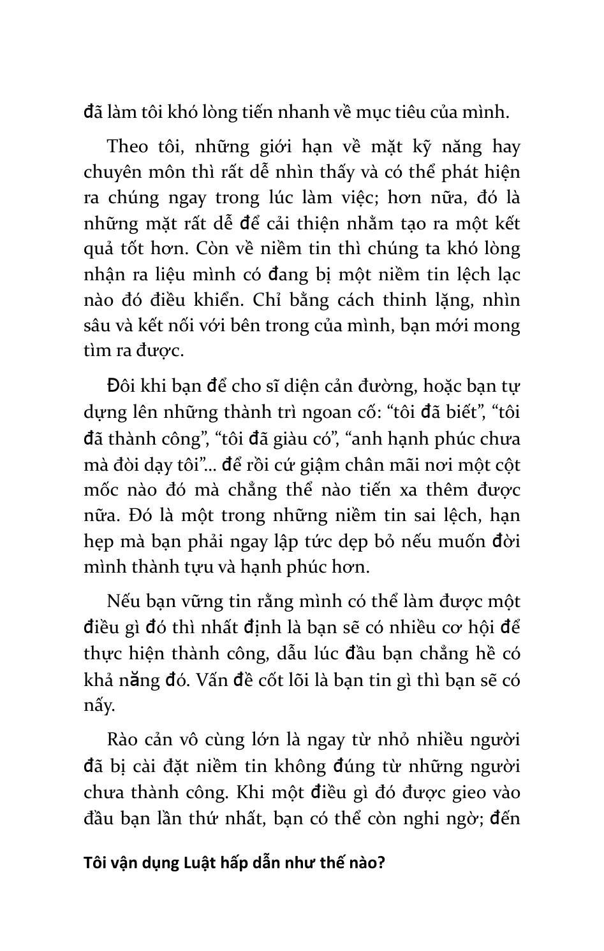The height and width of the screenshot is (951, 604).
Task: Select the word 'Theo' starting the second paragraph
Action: point(128,147)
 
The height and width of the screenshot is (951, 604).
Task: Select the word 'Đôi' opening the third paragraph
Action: point(122,387)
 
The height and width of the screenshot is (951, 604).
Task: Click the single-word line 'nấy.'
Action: point(100,706)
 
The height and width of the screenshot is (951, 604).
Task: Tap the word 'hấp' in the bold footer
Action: point(238,864)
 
